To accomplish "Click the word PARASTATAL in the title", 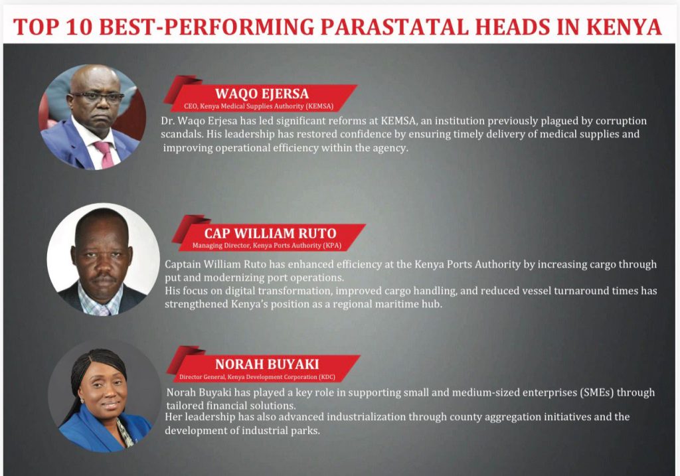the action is [394, 27].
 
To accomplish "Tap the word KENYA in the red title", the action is [624, 27].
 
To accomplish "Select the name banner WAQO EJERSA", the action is [262, 94].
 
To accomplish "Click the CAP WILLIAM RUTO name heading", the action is [270, 233].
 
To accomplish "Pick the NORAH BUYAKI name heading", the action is [267, 364].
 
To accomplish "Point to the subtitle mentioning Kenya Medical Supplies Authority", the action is [258, 106].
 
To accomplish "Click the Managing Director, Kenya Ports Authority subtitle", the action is [267, 246].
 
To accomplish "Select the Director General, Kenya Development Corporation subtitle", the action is [257, 377].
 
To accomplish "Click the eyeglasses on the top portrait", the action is [96, 97].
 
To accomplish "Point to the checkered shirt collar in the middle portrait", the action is [99, 300].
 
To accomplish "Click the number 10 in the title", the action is [80, 27].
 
